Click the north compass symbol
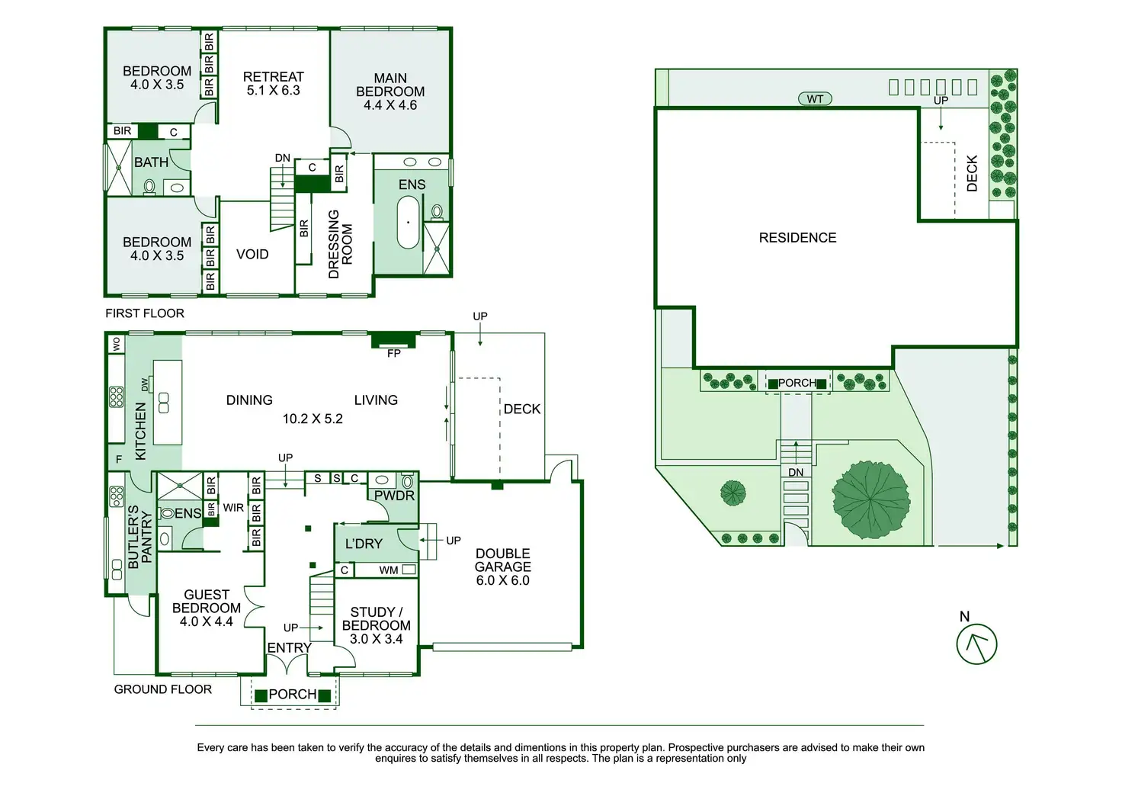976,644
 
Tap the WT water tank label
815,99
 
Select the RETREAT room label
274,77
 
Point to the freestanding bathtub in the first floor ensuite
409,223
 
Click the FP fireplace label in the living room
394,354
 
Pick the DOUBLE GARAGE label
503,560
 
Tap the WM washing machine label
389,570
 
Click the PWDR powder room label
394,496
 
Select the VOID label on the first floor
252,255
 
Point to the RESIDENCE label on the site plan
797,237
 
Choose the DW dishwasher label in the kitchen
145,385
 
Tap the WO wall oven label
117,344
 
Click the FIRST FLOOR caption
145,313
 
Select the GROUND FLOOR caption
163,689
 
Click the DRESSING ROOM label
341,244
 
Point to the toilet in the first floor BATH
149,187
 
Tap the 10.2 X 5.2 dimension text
313,419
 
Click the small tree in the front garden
733,493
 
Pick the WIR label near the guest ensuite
233,508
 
